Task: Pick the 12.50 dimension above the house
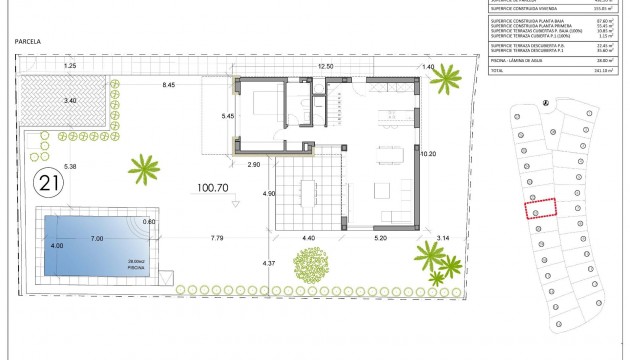(326, 66)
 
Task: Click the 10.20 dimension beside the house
(429, 154)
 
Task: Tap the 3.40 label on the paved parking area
(69, 100)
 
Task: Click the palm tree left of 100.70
(146, 170)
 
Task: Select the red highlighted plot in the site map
(541, 209)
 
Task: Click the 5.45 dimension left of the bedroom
(227, 117)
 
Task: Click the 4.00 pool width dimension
(57, 246)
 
